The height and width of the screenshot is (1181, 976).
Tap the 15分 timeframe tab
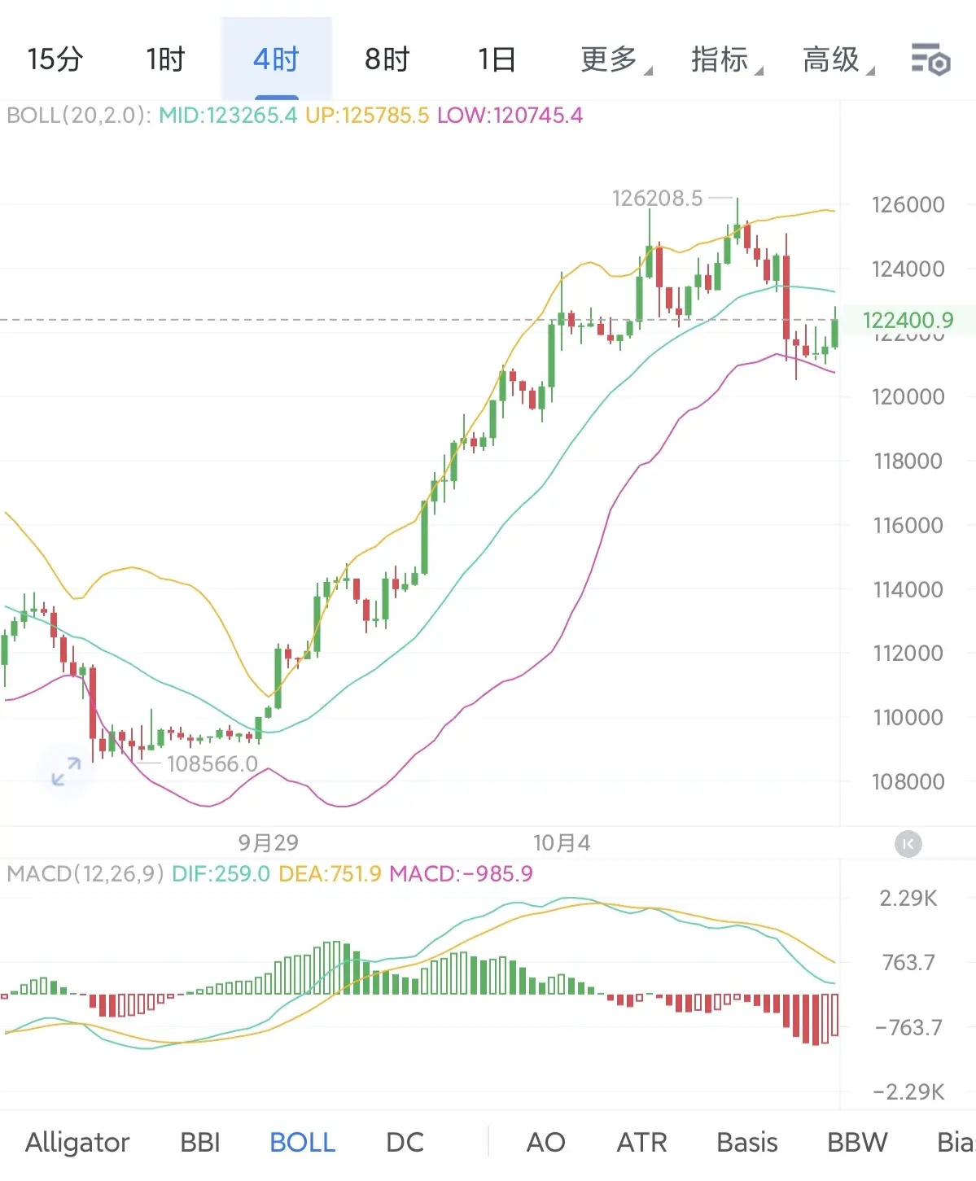[x=55, y=59]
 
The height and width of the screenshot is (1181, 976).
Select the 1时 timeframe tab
[x=165, y=59]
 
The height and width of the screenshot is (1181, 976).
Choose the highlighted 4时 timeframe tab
[x=276, y=59]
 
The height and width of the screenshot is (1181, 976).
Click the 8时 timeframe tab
[x=387, y=59]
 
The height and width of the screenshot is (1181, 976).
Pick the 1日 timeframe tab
[x=497, y=59]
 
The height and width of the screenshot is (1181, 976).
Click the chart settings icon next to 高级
[x=930, y=59]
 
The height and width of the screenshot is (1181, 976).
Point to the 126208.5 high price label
[x=657, y=198]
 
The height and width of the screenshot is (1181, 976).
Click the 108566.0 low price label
[x=212, y=763]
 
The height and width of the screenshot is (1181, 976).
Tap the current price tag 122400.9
[x=908, y=320]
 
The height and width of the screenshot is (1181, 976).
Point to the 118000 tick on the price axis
[x=908, y=461]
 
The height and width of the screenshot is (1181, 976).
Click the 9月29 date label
[x=269, y=842]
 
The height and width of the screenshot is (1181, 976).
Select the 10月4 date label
[x=561, y=842]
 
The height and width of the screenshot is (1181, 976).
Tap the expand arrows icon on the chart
[x=66, y=771]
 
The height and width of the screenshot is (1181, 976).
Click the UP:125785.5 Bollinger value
[x=366, y=116]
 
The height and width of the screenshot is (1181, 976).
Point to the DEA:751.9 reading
[x=330, y=874]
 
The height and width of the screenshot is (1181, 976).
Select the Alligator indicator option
[x=77, y=1142]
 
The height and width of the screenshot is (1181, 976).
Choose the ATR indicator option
[x=641, y=1142]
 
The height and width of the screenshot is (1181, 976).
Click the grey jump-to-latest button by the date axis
[x=908, y=843]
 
